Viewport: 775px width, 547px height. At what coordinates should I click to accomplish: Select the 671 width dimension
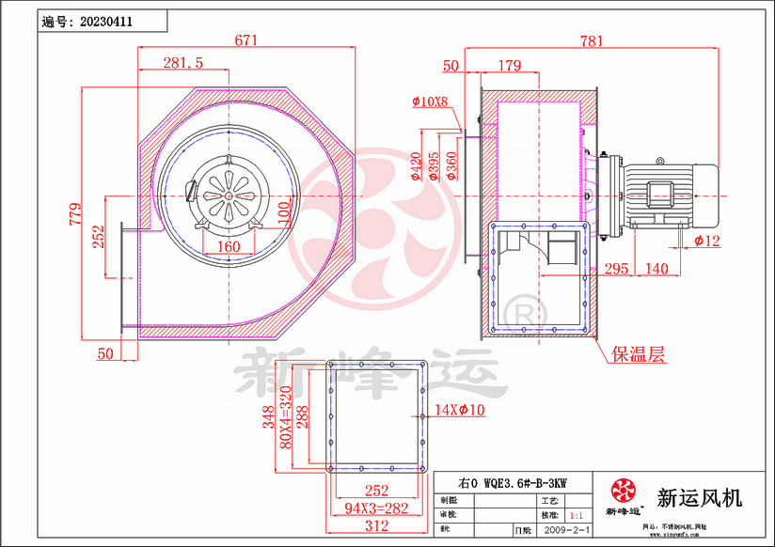(245, 40)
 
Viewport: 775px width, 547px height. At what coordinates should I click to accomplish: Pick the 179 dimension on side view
(509, 65)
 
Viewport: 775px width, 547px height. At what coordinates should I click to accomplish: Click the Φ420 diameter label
(415, 166)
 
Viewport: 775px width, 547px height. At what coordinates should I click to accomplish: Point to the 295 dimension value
(616, 269)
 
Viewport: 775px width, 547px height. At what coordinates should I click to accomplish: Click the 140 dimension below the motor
(657, 269)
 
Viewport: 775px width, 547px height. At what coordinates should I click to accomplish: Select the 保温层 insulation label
(639, 354)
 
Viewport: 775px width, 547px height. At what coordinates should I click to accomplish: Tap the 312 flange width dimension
(376, 526)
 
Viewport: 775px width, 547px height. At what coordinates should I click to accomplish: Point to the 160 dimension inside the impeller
(229, 246)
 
